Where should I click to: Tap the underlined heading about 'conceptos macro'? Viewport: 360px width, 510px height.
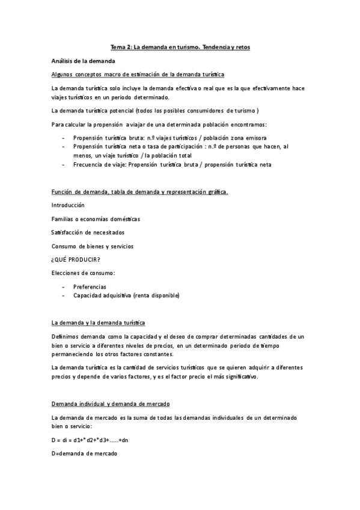[x=138, y=75]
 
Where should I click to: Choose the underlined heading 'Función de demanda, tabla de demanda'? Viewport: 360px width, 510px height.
[x=139, y=192]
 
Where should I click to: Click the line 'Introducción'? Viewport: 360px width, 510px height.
[x=68, y=205]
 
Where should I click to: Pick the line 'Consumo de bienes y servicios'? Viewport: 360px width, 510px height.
[x=93, y=246]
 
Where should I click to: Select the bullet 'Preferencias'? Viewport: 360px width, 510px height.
[x=90, y=287]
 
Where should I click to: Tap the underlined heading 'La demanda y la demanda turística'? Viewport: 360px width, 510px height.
[x=98, y=324]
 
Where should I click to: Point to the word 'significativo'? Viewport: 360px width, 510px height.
[x=239, y=376]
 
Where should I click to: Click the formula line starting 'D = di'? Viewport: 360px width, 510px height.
[x=90, y=440]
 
